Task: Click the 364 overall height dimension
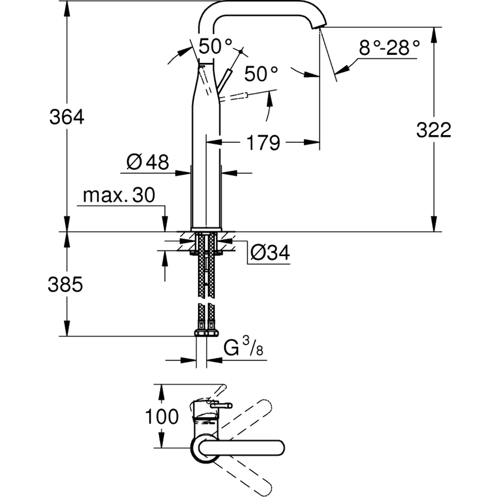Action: [x=67, y=117]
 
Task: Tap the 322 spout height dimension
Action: [x=434, y=130]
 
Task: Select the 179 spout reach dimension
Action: [x=263, y=143]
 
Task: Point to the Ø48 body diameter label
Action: [x=148, y=162]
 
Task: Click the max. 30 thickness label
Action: [x=119, y=195]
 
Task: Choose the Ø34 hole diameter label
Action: [x=270, y=252]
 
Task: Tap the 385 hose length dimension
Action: [x=65, y=285]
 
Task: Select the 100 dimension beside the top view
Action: [x=162, y=417]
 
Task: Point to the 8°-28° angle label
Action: [x=389, y=48]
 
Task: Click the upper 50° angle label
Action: [x=215, y=46]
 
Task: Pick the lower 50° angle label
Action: [x=261, y=74]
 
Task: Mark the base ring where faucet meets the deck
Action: [x=206, y=229]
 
